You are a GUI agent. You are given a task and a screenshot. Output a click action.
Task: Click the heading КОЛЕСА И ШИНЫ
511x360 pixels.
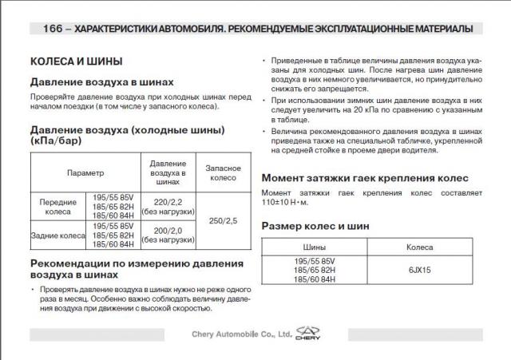point(76,61)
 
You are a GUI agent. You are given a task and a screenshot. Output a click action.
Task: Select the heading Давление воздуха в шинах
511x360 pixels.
point(102,82)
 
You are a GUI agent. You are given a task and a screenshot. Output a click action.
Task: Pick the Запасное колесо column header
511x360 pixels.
point(223,172)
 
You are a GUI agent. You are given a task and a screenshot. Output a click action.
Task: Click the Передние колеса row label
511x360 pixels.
point(57,207)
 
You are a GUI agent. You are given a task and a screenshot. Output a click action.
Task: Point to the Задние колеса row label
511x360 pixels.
point(57,235)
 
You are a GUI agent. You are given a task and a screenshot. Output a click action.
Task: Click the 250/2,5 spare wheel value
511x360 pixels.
point(223,221)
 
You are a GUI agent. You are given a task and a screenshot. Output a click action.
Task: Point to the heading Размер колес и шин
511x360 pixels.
point(315,227)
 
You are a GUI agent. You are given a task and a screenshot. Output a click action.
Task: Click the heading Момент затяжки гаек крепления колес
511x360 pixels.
point(365,178)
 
